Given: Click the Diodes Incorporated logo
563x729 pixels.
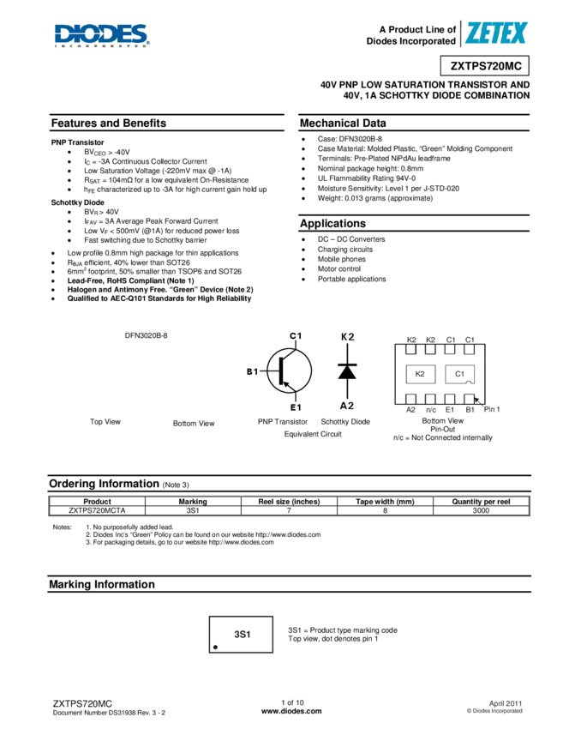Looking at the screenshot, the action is coord(102,36).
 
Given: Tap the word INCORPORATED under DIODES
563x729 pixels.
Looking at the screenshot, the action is coord(101,46).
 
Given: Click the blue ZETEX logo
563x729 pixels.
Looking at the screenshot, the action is coord(492,35).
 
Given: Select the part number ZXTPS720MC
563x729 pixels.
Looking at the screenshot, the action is coord(485,66).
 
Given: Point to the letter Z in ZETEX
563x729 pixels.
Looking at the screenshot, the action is coord(471,33).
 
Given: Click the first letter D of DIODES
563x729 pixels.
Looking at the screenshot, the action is coord(63,34).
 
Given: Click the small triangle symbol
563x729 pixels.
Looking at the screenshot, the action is coord(346,373).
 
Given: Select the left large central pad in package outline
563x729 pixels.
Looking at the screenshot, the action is coord(420,374).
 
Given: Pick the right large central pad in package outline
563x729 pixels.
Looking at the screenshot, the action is coord(459,374).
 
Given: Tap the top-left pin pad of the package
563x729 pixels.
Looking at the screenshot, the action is coord(411,349).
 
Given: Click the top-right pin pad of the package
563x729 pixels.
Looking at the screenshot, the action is coord(469,349).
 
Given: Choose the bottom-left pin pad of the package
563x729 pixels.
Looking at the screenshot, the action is coord(411,399).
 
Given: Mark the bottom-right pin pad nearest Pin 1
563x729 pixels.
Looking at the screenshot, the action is coord(469,399).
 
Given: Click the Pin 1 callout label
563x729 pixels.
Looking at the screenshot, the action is coord(492,409).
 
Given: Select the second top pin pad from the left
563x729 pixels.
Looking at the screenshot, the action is coord(430,349).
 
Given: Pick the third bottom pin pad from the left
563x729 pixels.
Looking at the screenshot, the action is coord(450,399).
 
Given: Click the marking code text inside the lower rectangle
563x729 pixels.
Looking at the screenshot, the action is coord(242,635).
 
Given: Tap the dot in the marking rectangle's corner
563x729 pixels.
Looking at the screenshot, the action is coord(215,647).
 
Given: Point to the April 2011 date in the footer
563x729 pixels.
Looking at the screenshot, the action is coord(505,702).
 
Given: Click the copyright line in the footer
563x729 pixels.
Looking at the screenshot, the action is coord(494,711).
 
